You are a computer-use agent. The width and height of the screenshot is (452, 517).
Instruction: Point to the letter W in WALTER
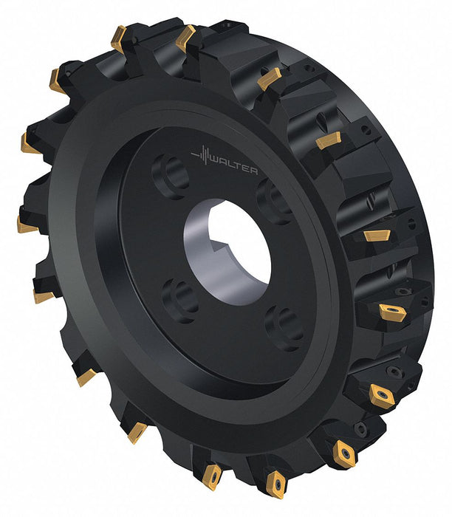[214, 162]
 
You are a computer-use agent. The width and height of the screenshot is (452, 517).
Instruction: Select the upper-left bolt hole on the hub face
[171, 176]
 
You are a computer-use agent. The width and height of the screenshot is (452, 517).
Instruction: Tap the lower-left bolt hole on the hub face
[180, 301]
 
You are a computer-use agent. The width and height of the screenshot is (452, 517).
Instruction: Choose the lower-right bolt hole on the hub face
[284, 328]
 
